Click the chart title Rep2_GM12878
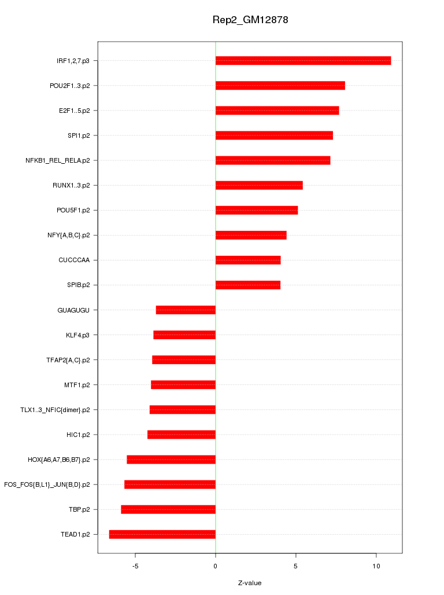(x=250, y=20)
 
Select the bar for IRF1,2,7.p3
(x=303, y=61)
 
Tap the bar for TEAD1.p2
(x=162, y=534)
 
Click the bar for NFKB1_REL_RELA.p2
(x=273, y=160)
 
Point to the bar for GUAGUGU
(x=186, y=310)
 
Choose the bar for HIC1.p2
(x=182, y=435)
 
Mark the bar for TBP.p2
(x=168, y=509)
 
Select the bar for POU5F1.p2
(x=257, y=210)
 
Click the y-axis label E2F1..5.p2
(x=74, y=111)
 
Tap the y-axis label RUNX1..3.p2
(x=71, y=185)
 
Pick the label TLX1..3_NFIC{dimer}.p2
(x=55, y=410)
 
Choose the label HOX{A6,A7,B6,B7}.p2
(x=58, y=460)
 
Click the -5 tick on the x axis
(x=135, y=566)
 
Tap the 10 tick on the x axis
(x=376, y=566)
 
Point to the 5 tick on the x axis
(x=296, y=566)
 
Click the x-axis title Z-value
(x=250, y=583)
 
